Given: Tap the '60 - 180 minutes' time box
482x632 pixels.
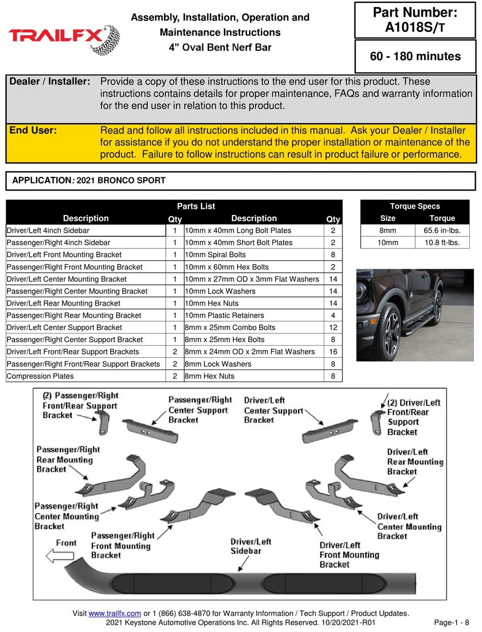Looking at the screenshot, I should (415, 56).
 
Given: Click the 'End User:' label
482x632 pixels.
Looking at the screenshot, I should (33, 130).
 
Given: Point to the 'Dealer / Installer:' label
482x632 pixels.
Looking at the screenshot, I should (50, 82).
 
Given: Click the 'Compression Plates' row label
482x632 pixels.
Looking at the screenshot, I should (40, 376).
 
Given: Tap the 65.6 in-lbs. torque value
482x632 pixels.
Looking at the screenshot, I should (442, 230).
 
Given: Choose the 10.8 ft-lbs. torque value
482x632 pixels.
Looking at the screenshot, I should (442, 242).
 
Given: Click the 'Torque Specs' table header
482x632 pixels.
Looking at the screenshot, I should (415, 206).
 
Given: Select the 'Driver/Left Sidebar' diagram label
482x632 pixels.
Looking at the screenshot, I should (251, 546).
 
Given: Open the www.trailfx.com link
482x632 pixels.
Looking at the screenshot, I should (115, 614).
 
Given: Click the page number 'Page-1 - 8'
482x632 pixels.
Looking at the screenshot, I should (452, 622).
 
